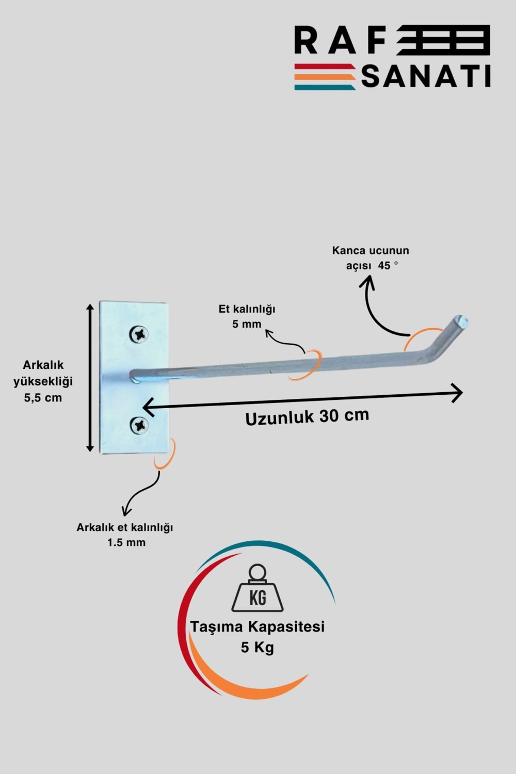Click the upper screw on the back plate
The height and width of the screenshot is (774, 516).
[x=139, y=334]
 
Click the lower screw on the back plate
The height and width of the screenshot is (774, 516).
[x=139, y=425]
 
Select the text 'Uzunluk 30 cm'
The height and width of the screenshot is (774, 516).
[x=307, y=416]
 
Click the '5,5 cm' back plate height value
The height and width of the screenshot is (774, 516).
[x=43, y=398]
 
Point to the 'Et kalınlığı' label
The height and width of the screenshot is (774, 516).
[x=247, y=309]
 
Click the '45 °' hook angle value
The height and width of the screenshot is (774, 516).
[x=388, y=265]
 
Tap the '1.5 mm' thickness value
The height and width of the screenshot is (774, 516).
[x=126, y=542]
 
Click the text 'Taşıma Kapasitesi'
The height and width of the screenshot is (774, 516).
[x=257, y=626]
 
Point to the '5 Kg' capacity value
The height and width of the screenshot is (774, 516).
[x=257, y=647]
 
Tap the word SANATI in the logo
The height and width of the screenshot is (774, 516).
[x=426, y=76]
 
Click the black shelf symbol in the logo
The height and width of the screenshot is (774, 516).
[x=444, y=40]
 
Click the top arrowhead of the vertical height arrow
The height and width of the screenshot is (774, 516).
[x=90, y=308]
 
